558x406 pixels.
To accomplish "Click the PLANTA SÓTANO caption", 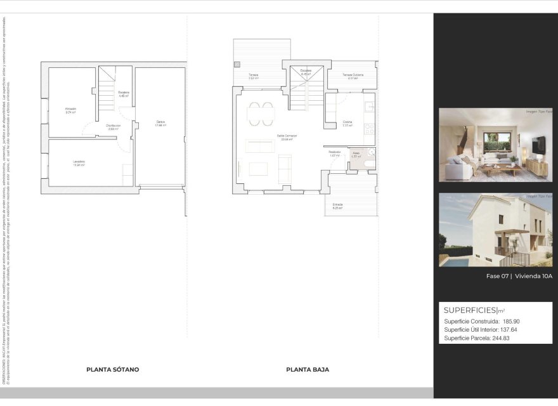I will tap(112, 369).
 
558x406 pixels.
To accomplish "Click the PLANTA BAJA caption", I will tap(308, 369).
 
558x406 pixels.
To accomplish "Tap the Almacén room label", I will tap(70, 109).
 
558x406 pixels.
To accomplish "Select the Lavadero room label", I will tap(78, 162).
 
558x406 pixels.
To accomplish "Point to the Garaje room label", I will tap(160, 123).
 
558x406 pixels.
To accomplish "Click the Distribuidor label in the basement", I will tap(114, 126).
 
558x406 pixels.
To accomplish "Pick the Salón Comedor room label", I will tap(287, 136).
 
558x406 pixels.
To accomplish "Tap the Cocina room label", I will tap(347, 122).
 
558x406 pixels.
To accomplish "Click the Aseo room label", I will tap(356, 152).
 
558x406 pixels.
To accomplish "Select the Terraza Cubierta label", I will tap(353, 75).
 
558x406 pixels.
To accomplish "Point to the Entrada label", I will tap(337, 205).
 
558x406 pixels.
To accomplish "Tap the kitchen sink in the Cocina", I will tap(369, 107).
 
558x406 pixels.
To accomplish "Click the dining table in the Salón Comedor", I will tap(261, 114).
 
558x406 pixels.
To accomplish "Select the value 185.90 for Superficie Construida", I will tap(511, 322).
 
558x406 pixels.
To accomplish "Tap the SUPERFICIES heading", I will tap(470, 310).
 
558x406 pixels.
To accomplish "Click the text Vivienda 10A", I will tap(534, 276).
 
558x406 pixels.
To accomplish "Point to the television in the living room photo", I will tap(538, 145).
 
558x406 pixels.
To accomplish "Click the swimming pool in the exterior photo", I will tap(454, 259).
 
